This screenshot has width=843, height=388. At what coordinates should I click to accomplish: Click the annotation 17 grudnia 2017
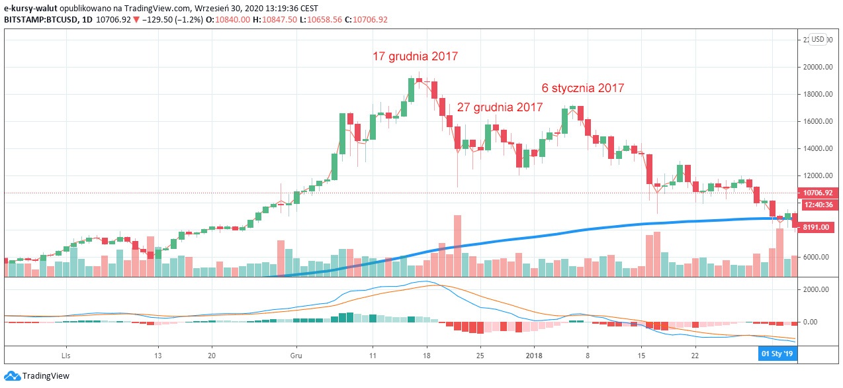click(x=415, y=57)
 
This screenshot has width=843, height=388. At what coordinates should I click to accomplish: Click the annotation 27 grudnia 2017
click(x=500, y=107)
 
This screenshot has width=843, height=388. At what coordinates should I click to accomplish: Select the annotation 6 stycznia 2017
click(x=582, y=87)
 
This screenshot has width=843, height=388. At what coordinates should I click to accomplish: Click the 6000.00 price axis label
click(x=815, y=257)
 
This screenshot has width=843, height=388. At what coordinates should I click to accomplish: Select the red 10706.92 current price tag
click(x=818, y=193)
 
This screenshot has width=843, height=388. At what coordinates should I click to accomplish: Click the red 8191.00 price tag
click(x=815, y=227)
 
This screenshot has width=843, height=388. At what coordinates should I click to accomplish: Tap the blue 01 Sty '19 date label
click(x=776, y=354)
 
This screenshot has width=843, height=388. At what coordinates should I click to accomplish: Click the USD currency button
click(x=818, y=39)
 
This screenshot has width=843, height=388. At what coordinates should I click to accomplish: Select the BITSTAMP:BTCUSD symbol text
click(x=39, y=20)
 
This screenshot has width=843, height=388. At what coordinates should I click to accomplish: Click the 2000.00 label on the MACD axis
click(x=815, y=289)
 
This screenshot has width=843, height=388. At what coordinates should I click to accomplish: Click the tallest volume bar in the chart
click(x=457, y=245)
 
